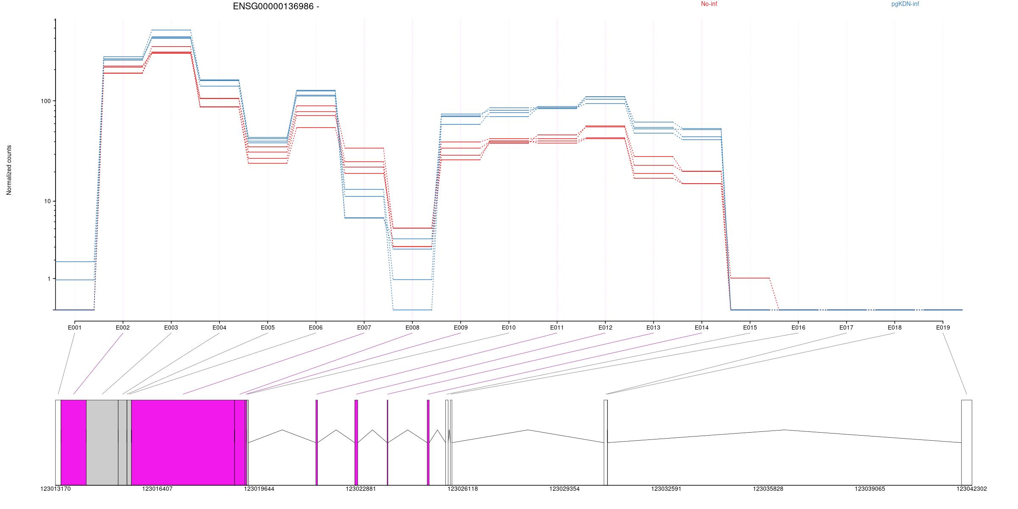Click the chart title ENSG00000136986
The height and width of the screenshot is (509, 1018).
pos(276,6)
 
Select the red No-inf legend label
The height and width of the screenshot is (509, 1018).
pos(709,4)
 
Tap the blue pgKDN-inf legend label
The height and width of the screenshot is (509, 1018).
pos(905,4)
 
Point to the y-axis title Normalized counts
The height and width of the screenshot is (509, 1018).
pos(9,170)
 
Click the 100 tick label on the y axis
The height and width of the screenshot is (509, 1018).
pos(45,101)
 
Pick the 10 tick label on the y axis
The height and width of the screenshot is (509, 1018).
pos(47,201)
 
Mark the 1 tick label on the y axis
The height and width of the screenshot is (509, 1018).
pos(49,279)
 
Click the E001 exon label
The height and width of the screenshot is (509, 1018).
pos(75,327)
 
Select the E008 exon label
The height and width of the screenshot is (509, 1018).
pos(412,327)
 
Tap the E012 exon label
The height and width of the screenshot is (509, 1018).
pos(605,327)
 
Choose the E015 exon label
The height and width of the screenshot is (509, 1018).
pos(750,327)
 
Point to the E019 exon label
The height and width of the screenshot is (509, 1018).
pos(943,327)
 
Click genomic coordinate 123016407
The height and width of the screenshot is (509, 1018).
pos(157,489)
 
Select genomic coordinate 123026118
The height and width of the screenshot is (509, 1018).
pos(463,489)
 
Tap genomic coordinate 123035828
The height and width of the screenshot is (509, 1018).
pos(768,489)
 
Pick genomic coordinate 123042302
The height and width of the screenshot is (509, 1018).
pos(971,489)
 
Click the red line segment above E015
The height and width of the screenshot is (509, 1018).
pos(750,278)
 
